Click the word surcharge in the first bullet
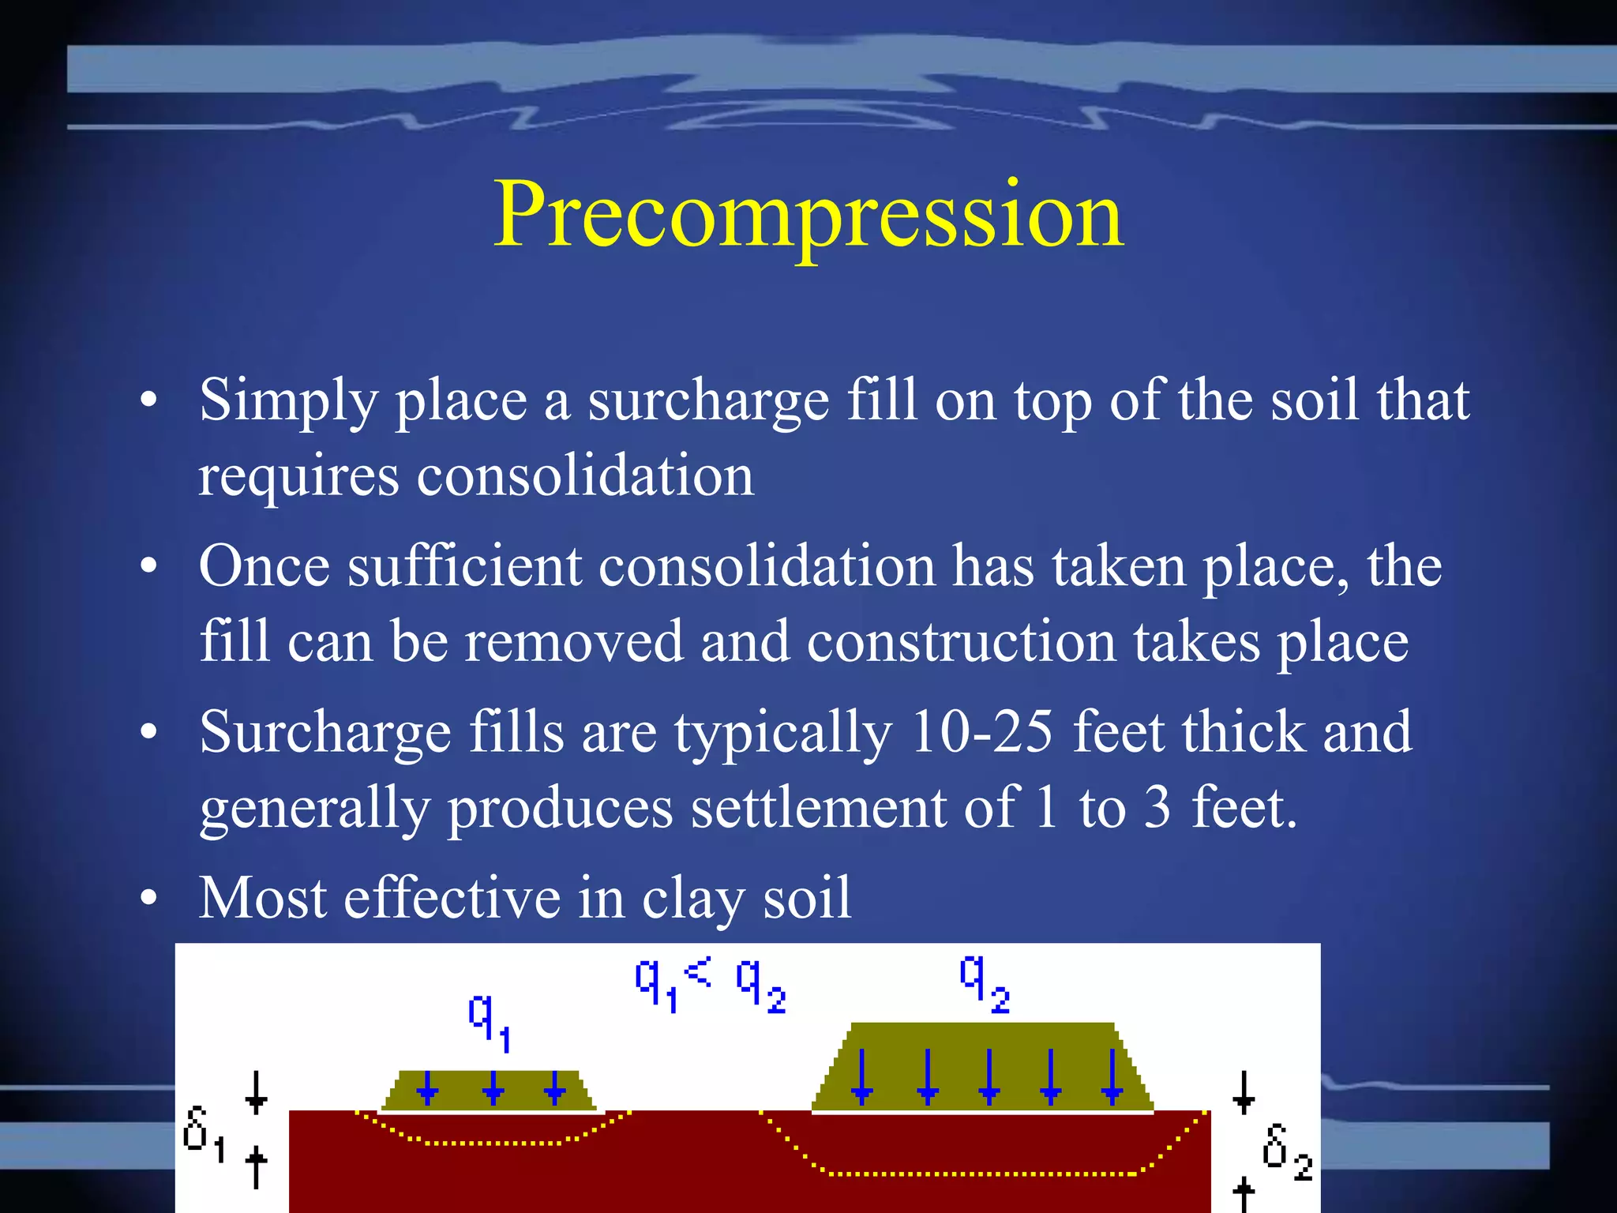(708, 401)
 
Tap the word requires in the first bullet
(298, 476)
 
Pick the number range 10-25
(981, 732)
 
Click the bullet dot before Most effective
(148, 899)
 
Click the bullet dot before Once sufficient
(148, 566)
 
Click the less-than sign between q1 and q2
(698, 971)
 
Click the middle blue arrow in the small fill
(493, 1088)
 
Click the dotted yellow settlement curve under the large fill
(979, 1174)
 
